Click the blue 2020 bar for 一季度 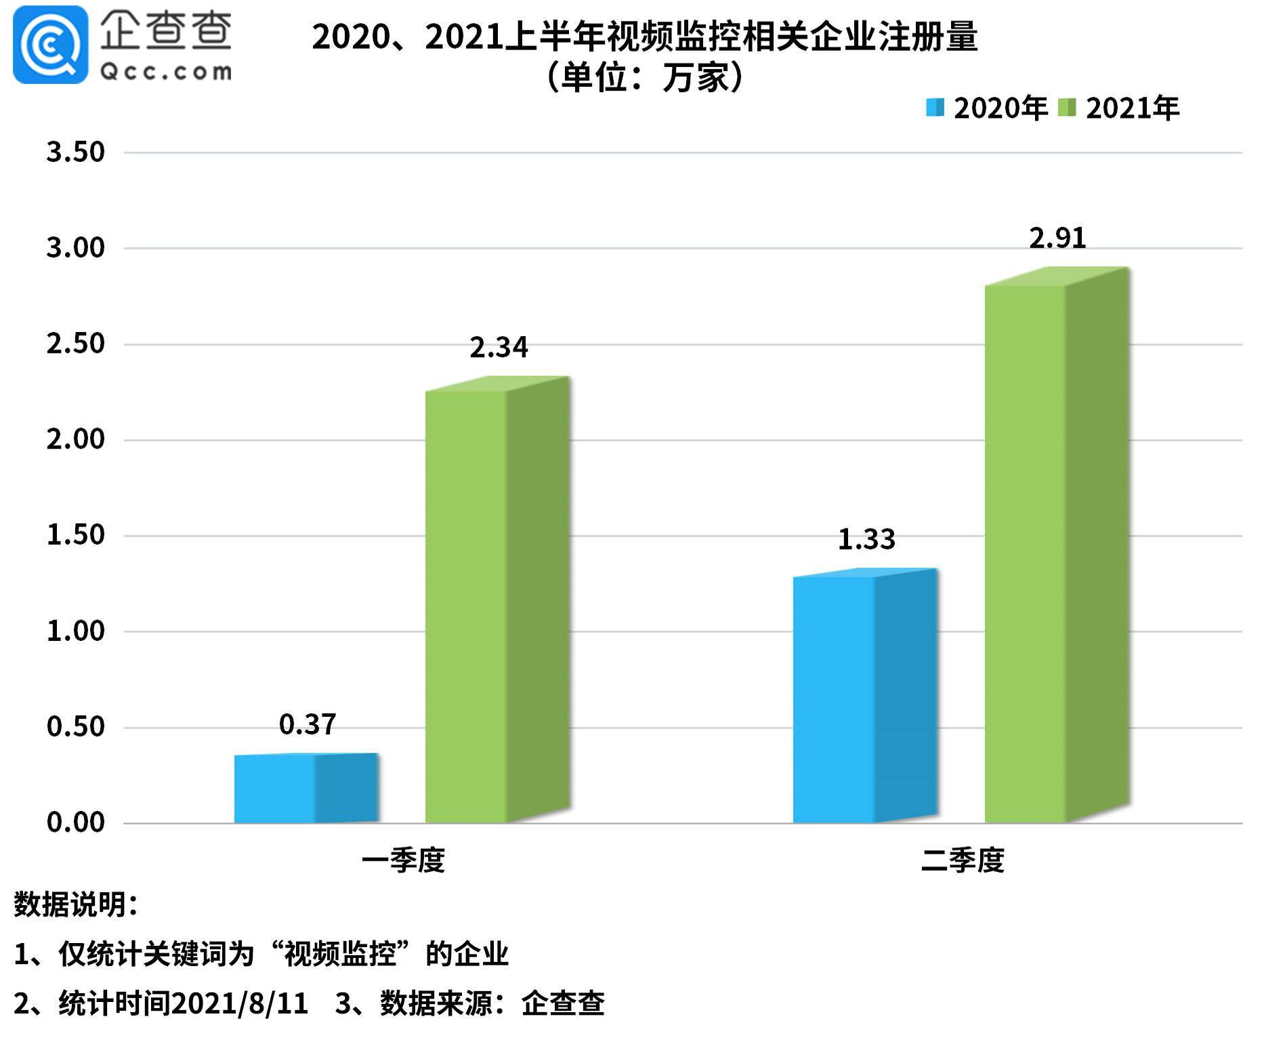pos(305,789)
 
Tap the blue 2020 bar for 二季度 pos(864,698)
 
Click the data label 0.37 pos(308,725)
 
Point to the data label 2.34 pos(499,348)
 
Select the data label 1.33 pos(866,539)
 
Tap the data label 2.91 pos(1057,238)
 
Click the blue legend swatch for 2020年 pos(935,108)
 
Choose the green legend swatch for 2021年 pos(1067,108)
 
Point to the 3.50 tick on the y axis pos(75,152)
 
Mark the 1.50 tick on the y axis pos(75,535)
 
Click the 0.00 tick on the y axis pos(75,822)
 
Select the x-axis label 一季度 pos(403,860)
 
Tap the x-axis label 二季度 pos(963,860)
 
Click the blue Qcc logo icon pos(50,45)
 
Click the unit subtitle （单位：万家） pos(644,77)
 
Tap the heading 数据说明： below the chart pos(76,904)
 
